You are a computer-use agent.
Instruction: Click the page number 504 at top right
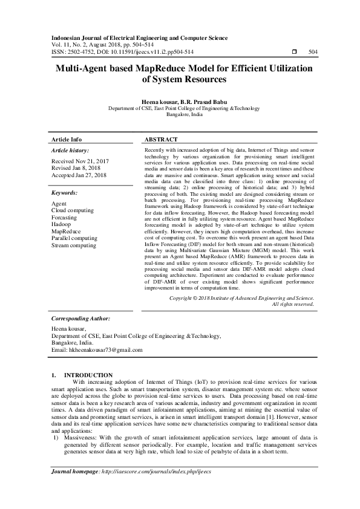tap(313, 52)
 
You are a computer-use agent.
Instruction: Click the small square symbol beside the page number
tap(293, 52)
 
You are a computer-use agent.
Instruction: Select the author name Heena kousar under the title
tap(159, 102)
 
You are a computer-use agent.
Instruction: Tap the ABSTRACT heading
tap(162, 138)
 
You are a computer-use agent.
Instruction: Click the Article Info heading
tap(67, 138)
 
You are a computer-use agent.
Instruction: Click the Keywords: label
tap(65, 192)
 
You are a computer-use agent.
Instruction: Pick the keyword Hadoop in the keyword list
tap(61, 224)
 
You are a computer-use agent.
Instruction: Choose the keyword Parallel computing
tap(74, 239)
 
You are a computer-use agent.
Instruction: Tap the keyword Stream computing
tap(74, 246)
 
